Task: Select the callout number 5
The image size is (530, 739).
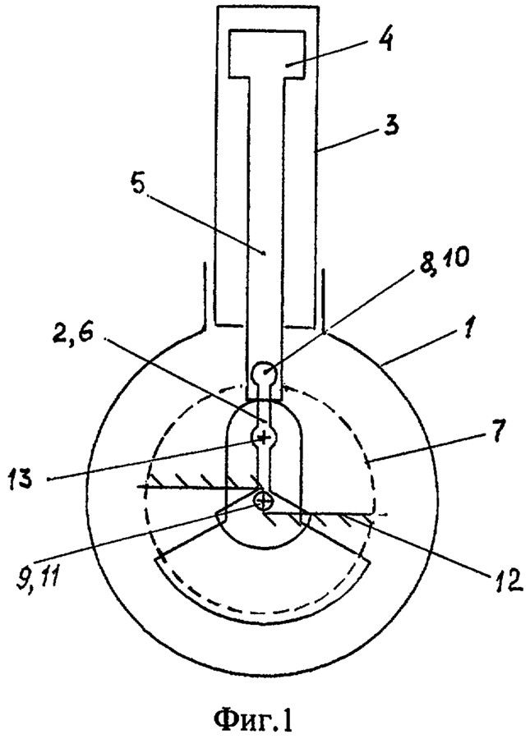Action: pos(138,186)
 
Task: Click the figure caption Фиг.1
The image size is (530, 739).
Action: pos(253,718)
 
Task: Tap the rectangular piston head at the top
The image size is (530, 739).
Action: pos(265,53)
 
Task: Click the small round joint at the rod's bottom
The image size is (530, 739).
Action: pos(265,373)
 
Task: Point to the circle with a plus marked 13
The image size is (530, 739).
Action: pos(264,438)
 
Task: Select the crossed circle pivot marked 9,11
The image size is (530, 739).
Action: pos(263,501)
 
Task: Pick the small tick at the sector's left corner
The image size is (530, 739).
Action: pos(161,556)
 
